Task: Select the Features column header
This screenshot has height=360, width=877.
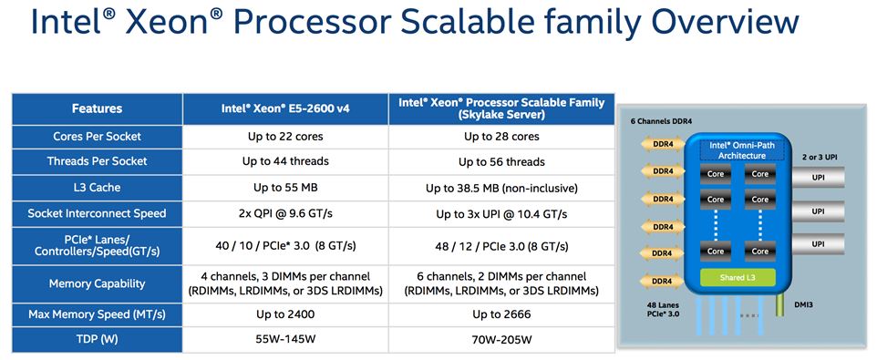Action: click(97, 108)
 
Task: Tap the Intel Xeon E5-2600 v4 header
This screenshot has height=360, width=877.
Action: click(285, 108)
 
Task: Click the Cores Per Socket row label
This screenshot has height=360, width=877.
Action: click(97, 137)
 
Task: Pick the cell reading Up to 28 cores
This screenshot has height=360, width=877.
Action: click(501, 137)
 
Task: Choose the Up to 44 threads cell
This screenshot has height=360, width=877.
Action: click(285, 161)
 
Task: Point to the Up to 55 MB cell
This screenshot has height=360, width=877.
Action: click(285, 188)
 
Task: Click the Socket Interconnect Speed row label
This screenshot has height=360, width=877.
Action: click(97, 213)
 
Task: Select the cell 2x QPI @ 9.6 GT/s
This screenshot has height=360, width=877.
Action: click(285, 213)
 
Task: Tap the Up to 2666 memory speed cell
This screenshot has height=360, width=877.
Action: click(501, 314)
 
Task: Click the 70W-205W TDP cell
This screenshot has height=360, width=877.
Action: click(501, 339)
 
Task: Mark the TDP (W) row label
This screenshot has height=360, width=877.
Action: click(97, 339)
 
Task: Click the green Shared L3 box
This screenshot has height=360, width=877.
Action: click(738, 277)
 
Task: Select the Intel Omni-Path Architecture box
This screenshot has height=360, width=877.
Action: click(742, 150)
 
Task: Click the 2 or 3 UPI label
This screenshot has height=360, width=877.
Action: click(820, 158)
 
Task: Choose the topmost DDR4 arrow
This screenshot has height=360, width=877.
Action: click(662, 144)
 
